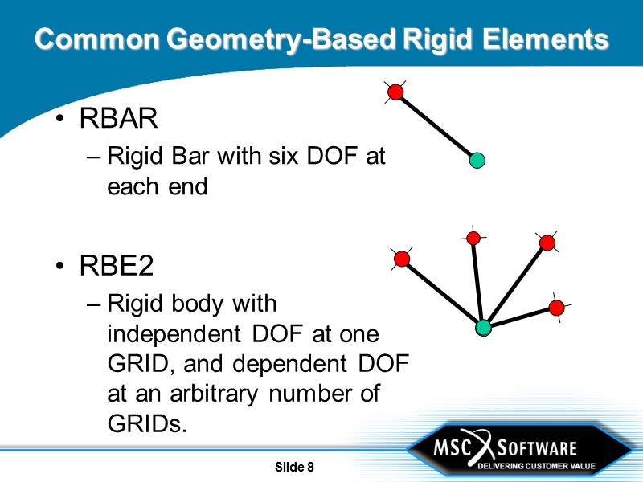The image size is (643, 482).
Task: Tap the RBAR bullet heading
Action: [118, 119]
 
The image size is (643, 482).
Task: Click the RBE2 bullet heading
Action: [117, 266]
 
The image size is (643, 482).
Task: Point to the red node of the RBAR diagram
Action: [395, 92]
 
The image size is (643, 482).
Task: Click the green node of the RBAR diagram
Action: [477, 161]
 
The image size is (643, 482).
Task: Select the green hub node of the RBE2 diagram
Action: [483, 327]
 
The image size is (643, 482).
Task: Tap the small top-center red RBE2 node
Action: [473, 238]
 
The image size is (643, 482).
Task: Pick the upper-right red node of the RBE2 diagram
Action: [547, 243]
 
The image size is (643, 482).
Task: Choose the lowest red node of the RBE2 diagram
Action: [556, 308]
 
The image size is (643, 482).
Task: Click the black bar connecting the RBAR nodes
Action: [436, 126]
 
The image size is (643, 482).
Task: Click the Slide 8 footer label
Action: [294, 468]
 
